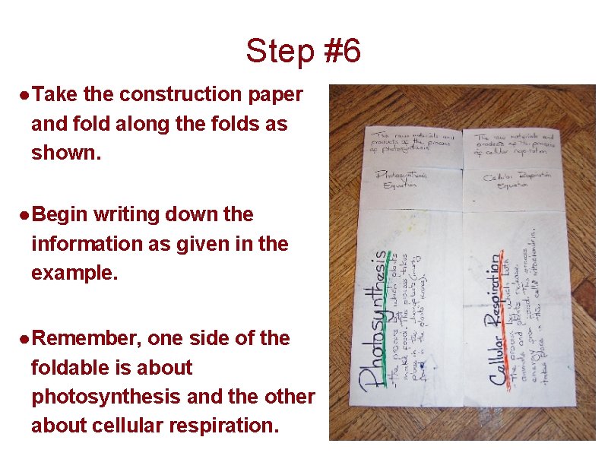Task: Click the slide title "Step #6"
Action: pyautogui.click(x=303, y=52)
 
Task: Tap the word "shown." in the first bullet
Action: pyautogui.click(x=65, y=152)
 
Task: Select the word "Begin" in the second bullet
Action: pyautogui.click(x=60, y=214)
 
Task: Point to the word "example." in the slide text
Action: pyautogui.click(x=74, y=273)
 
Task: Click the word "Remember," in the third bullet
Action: pyautogui.click(x=85, y=337)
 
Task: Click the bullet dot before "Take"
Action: pyautogui.click(x=25, y=95)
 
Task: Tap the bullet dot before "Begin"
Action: pyautogui.click(x=25, y=215)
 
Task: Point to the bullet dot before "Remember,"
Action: pyautogui.click(x=25, y=338)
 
